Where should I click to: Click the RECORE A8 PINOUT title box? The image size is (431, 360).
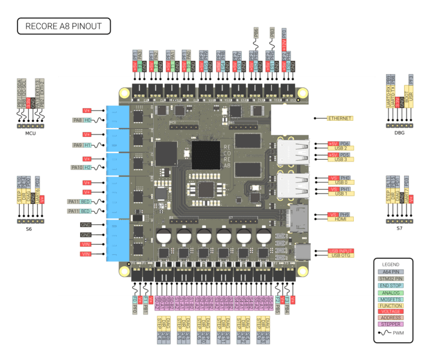(x=63, y=26)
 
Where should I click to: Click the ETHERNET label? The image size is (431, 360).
(x=340, y=118)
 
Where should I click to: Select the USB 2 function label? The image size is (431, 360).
(x=341, y=148)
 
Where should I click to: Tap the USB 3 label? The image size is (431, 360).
(x=341, y=160)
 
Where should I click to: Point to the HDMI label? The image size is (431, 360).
(x=341, y=219)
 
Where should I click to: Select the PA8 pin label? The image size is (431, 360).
(x=77, y=120)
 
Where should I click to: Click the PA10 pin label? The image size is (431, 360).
(x=77, y=167)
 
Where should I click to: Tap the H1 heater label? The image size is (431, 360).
(x=87, y=145)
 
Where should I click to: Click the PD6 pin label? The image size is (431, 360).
(x=345, y=144)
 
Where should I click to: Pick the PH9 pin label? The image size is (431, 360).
(x=344, y=215)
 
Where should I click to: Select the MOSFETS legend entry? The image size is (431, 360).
(x=392, y=299)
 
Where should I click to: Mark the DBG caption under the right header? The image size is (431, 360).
(x=399, y=133)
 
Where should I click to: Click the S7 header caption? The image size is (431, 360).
(x=399, y=228)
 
